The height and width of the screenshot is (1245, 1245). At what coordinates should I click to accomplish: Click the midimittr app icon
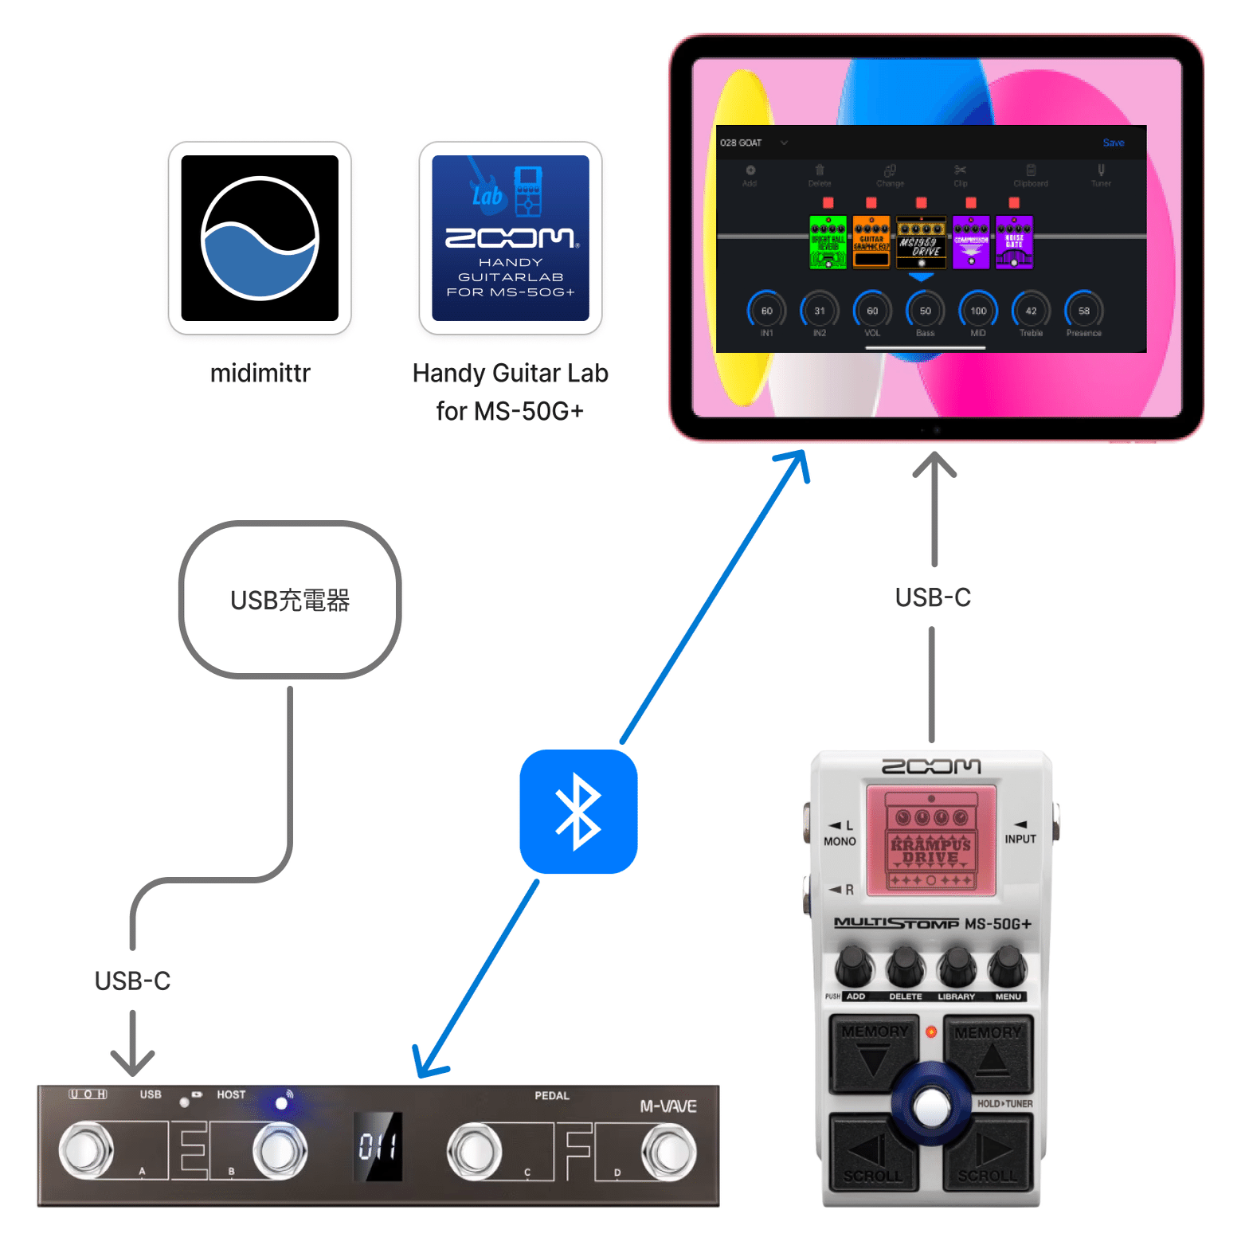[x=260, y=238]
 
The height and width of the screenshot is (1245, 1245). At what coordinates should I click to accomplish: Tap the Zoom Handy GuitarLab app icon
[x=510, y=238]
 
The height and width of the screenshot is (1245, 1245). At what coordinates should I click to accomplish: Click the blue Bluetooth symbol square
[x=578, y=812]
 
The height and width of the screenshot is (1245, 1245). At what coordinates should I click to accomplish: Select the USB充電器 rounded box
[x=290, y=600]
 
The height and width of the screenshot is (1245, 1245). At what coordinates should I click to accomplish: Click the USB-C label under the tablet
[x=933, y=597]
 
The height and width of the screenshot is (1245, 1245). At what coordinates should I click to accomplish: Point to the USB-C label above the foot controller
[x=132, y=981]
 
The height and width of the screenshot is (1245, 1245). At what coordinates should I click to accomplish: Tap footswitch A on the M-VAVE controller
[x=86, y=1151]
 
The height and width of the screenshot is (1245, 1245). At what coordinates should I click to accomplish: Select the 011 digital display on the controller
[x=378, y=1147]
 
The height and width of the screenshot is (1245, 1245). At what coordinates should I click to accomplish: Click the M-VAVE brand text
[x=668, y=1106]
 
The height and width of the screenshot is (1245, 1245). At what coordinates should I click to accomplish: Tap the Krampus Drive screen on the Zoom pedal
[x=931, y=841]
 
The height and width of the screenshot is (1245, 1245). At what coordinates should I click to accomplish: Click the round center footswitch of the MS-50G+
[x=931, y=1106]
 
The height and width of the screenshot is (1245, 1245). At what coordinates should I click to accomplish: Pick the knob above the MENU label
[x=1008, y=966]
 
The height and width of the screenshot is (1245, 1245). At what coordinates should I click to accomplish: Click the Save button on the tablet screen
[x=1113, y=143]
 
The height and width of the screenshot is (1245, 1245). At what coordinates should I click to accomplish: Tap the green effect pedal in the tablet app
[x=828, y=242]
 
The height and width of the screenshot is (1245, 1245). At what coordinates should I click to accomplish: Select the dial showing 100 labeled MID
[x=978, y=311]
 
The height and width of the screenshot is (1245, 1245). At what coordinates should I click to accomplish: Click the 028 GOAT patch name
[x=742, y=143]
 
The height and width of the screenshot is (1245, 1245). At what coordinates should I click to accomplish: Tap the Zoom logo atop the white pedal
[x=931, y=766]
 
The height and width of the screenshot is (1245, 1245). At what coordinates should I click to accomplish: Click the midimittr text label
[x=260, y=373]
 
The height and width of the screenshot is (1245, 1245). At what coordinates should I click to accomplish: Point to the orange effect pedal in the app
[x=871, y=242]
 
